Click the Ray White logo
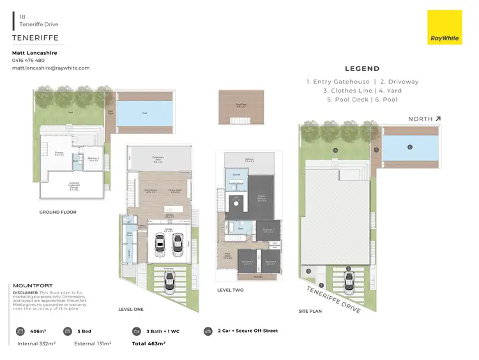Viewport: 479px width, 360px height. point(445,27)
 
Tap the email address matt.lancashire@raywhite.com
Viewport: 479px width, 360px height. point(51,68)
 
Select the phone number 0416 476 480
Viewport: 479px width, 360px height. point(29,60)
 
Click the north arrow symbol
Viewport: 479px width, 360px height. point(437,119)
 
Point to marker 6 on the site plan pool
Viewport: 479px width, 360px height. point(409,146)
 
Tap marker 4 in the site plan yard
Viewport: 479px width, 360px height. point(335,151)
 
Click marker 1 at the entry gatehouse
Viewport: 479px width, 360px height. point(321,285)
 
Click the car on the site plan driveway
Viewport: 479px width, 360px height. point(349,280)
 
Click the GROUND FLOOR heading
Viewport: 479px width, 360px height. point(58,212)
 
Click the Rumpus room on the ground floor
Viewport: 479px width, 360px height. point(58,154)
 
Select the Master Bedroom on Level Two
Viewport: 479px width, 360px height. point(261,197)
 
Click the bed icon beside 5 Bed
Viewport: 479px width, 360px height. point(68,331)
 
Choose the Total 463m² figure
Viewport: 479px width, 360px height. point(149,343)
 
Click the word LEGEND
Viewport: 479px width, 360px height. point(362,69)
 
